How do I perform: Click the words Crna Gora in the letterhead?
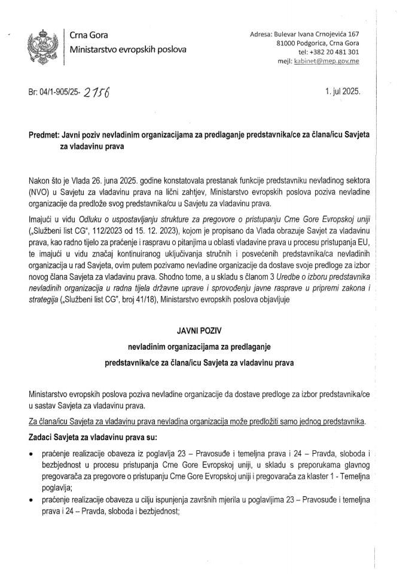pos(89,36)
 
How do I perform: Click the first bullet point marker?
pos(30,455)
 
